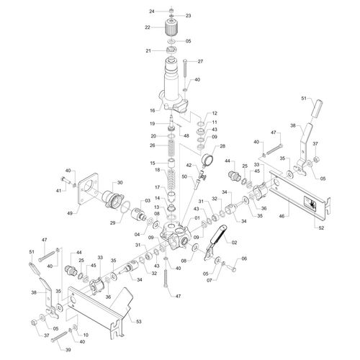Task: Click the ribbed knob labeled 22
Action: pyautogui.click(x=171, y=29)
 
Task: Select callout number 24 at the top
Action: pyautogui.click(x=152, y=12)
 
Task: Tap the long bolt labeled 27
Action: pyautogui.click(x=185, y=68)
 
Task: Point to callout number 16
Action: pyautogui.click(x=153, y=110)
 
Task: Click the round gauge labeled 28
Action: pyautogui.click(x=207, y=159)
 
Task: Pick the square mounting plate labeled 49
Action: pyautogui.click(x=87, y=189)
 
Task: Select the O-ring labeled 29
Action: pyautogui.click(x=125, y=207)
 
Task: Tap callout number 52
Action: pyautogui.click(x=321, y=228)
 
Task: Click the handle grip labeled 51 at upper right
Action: pyautogui.click(x=317, y=109)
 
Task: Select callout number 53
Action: pyautogui.click(x=138, y=321)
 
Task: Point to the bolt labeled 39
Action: pyautogui.click(x=60, y=336)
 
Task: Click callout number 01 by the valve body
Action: pyautogui.click(x=197, y=218)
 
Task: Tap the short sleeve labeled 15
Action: pyautogui.click(x=172, y=164)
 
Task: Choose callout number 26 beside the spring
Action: pyautogui.click(x=153, y=145)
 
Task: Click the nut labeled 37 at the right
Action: pyautogui.click(x=316, y=158)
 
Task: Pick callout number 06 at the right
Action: pyautogui.click(x=244, y=258)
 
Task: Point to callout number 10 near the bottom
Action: pyautogui.click(x=86, y=335)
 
